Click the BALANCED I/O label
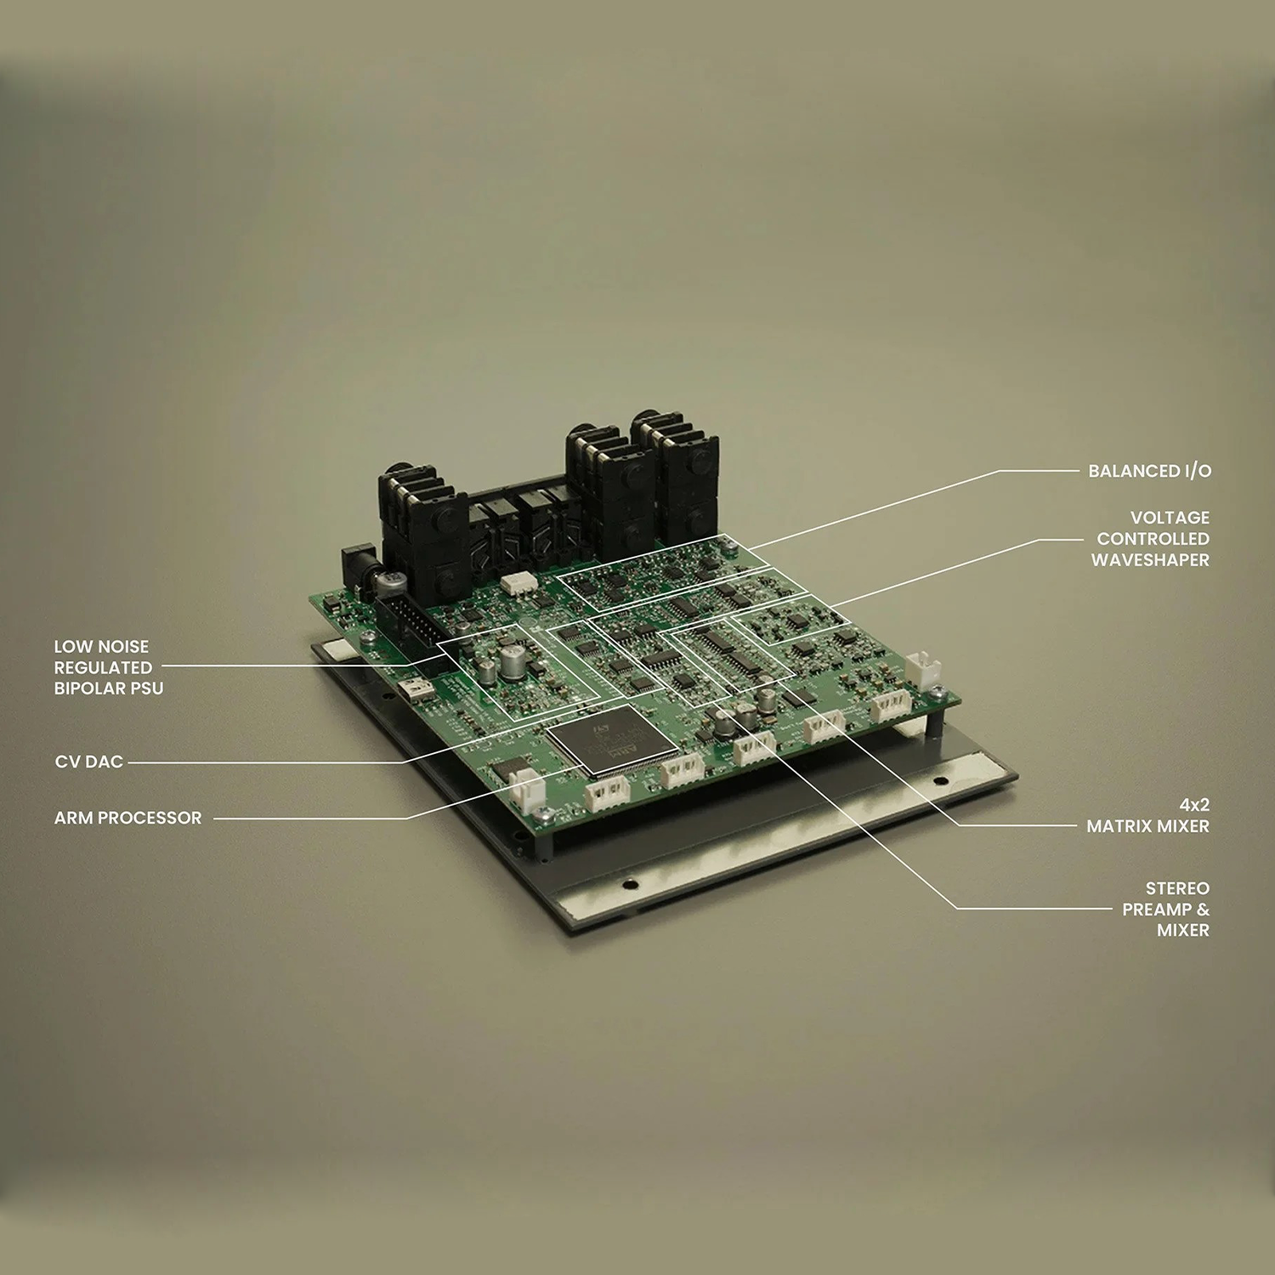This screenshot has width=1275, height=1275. click(1149, 471)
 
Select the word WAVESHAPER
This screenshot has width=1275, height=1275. click(1150, 560)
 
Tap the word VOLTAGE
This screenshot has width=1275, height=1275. click(1170, 518)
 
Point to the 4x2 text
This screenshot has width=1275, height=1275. click(1194, 805)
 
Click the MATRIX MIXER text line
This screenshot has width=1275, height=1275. click(1147, 826)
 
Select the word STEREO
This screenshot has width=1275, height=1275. click(1177, 888)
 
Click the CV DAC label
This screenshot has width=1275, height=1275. click(89, 762)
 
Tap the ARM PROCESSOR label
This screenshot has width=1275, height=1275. click(128, 818)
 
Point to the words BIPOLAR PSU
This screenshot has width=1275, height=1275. click(109, 688)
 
